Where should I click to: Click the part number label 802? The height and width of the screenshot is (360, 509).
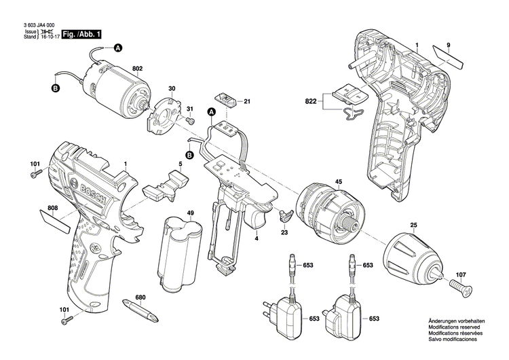(x=137, y=69)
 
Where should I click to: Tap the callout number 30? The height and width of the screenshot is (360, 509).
(x=172, y=89)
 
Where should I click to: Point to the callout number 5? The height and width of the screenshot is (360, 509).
(x=181, y=164)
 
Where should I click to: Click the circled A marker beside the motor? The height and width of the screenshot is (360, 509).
(x=117, y=48)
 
